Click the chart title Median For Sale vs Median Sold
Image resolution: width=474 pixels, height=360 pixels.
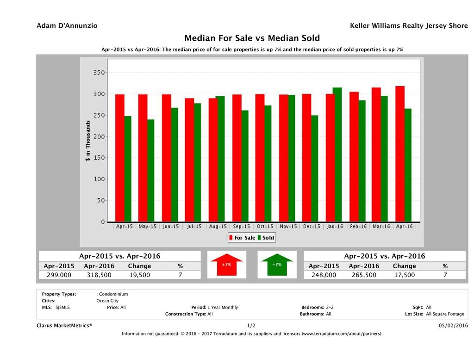(252, 38)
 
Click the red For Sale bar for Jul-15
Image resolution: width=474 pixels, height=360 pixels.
(189, 160)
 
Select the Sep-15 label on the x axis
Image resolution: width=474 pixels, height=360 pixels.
(241, 227)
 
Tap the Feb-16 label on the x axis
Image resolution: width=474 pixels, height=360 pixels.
(358, 227)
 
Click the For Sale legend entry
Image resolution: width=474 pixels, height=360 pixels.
(242, 238)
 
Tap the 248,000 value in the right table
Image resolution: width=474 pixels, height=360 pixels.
(324, 275)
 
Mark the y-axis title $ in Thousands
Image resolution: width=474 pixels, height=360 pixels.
(87, 141)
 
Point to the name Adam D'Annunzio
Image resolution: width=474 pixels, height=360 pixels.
(67, 26)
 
